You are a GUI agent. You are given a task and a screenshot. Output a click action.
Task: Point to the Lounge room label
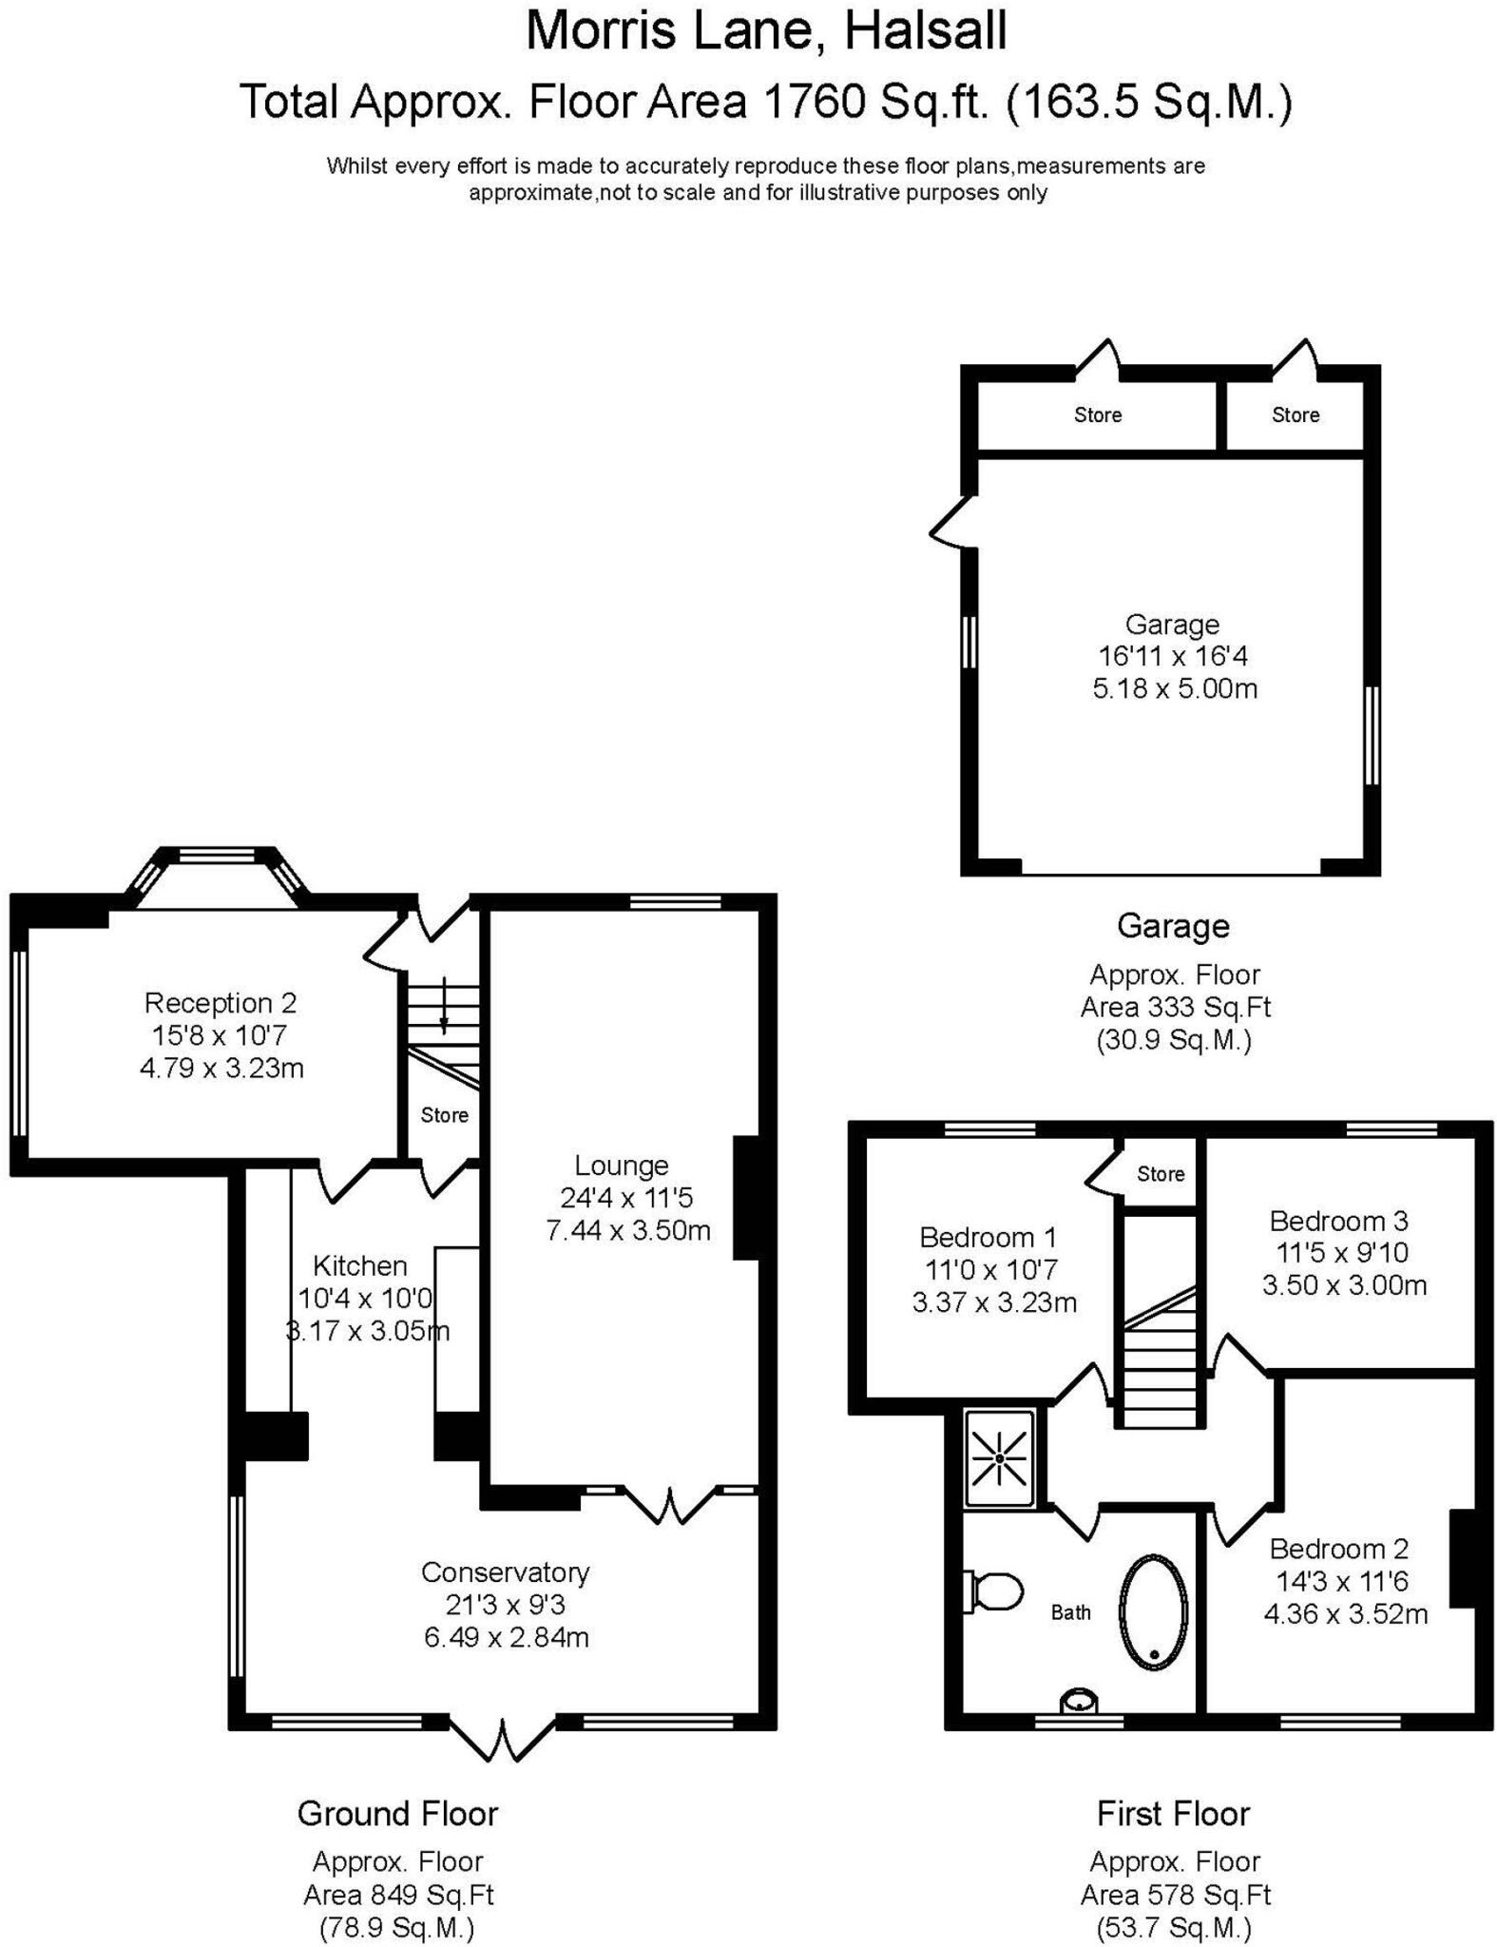[622, 1166]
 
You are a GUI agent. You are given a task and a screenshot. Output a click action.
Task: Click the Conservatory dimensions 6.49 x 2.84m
[507, 1637]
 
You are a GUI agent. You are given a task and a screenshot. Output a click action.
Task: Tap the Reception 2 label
[221, 1003]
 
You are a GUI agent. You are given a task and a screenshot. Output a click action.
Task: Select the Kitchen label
[360, 1265]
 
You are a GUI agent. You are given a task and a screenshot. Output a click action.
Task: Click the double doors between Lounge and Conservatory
[670, 1505]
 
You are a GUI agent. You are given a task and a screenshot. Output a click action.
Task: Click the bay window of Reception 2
[218, 858]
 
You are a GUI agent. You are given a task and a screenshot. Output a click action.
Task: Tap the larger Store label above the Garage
[1098, 414]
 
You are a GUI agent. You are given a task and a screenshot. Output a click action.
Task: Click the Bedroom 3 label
[1338, 1221]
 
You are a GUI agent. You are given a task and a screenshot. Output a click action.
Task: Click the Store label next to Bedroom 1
[1161, 1174]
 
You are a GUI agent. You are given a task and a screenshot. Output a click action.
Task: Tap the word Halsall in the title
[925, 31]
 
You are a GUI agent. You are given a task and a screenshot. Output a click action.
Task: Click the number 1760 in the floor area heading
[815, 102]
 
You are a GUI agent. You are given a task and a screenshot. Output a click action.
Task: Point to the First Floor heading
[1173, 1814]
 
